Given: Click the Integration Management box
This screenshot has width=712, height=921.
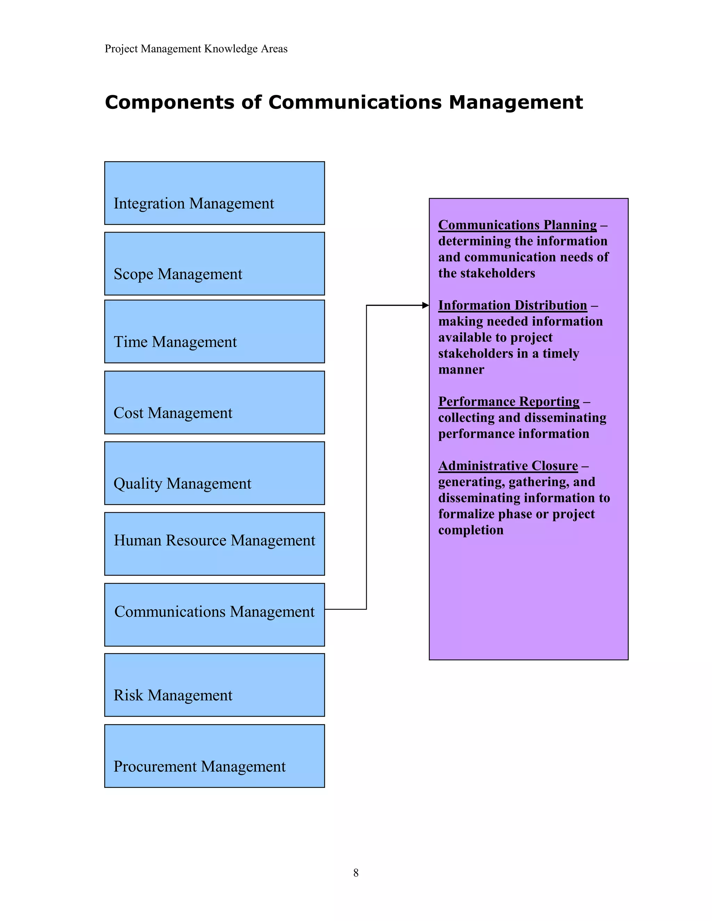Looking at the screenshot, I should [214, 193].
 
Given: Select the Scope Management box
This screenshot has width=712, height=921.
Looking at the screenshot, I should [214, 263].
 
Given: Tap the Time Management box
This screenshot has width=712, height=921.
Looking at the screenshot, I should [214, 332].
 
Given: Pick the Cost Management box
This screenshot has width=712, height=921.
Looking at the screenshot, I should [214, 402].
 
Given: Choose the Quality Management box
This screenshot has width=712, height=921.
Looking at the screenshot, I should [214, 473].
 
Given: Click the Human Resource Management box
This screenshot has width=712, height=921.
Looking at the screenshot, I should [214, 544].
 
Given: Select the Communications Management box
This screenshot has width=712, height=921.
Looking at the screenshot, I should [214, 614].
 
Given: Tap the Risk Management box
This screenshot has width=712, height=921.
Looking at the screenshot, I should [214, 685].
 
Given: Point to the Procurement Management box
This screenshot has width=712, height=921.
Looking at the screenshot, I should [214, 756].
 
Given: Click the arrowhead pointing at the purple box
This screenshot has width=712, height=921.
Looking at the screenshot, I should [425, 305].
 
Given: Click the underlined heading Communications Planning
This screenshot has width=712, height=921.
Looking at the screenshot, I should [517, 225].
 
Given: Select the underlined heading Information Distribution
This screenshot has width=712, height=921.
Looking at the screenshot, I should [512, 305].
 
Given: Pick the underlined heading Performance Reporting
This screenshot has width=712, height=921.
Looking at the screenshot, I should [508, 401].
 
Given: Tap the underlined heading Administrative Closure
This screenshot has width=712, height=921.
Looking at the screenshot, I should [508, 466].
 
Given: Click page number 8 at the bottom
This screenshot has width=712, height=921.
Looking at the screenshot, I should [356, 873].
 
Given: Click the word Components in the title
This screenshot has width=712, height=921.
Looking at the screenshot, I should [169, 103].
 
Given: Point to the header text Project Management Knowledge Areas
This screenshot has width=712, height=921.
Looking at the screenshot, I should [196, 49].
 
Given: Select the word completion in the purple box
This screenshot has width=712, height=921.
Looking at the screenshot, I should [470, 530].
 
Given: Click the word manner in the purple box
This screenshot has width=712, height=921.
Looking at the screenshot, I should [461, 369].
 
